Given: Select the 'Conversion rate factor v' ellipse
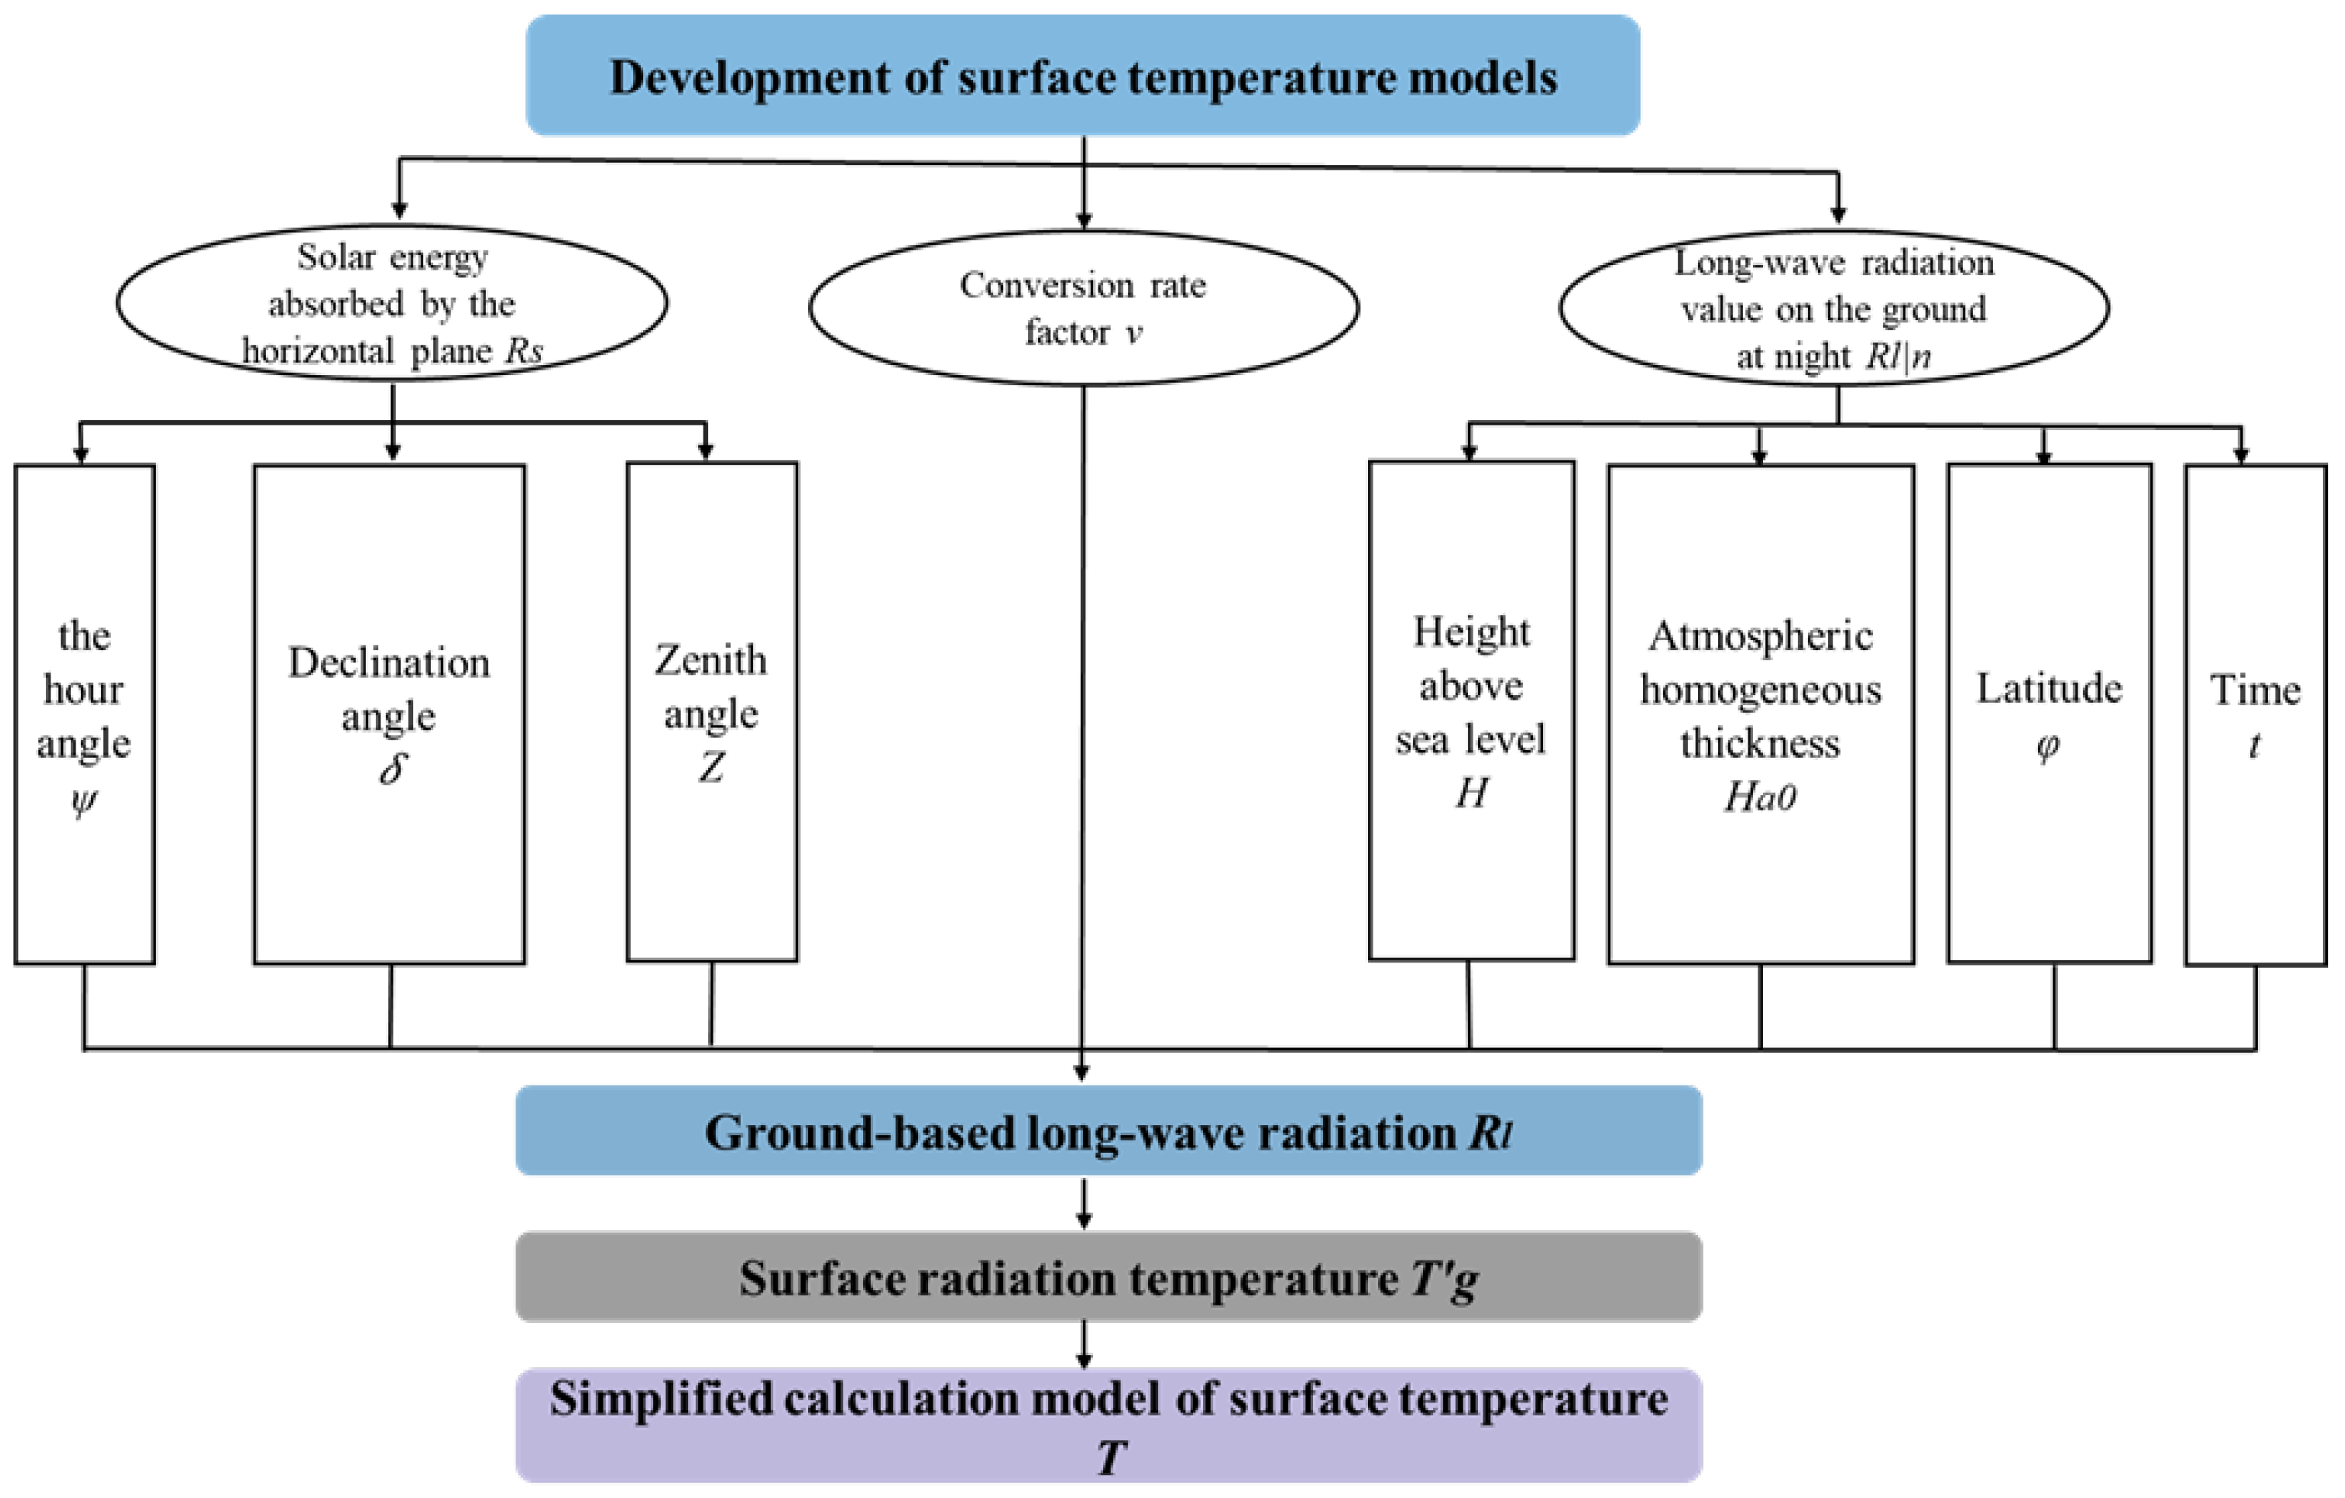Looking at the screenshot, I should tap(1083, 307).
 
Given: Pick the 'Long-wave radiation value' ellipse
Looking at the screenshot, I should tap(1834, 308).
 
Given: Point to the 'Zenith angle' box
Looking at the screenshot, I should tap(712, 711).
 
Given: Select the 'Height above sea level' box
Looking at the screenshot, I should tap(1470, 711).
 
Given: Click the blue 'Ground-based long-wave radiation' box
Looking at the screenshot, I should tap(1108, 1131).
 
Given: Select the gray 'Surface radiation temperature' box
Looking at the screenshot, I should tap(1108, 1277).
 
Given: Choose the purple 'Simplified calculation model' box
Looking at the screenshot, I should tap(1108, 1424).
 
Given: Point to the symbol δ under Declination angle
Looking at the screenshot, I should tap(392, 769).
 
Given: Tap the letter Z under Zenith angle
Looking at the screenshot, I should tap(712, 768).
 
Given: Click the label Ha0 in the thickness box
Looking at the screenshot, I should tap(1760, 798).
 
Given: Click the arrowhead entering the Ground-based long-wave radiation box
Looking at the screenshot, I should tap(1081, 1073).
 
